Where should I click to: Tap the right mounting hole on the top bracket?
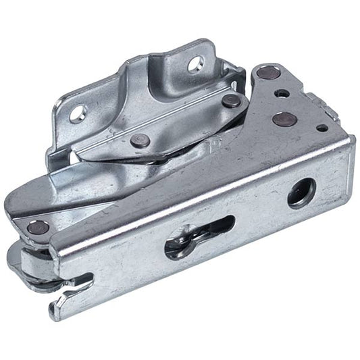tap(195, 63)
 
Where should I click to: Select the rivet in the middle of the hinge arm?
tap(140, 140)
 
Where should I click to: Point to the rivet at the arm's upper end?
tap(230, 101)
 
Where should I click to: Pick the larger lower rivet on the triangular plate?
tap(285, 120)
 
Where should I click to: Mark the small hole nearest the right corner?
tap(322, 127)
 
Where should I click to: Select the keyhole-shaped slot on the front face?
tap(199, 236)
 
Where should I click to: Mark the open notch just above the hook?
tap(80, 279)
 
